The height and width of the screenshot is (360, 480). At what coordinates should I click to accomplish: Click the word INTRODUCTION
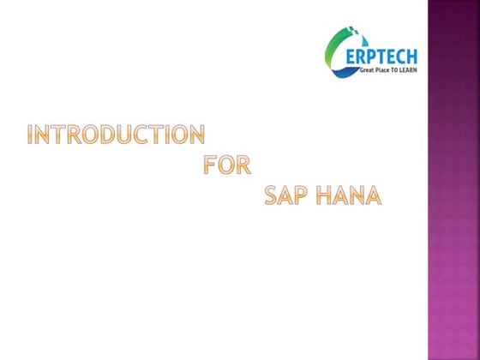(x=117, y=135)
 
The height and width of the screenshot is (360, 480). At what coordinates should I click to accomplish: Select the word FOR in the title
(x=227, y=165)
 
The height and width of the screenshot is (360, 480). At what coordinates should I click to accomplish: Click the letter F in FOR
(x=211, y=165)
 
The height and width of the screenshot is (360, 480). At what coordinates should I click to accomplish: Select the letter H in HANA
(x=324, y=196)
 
